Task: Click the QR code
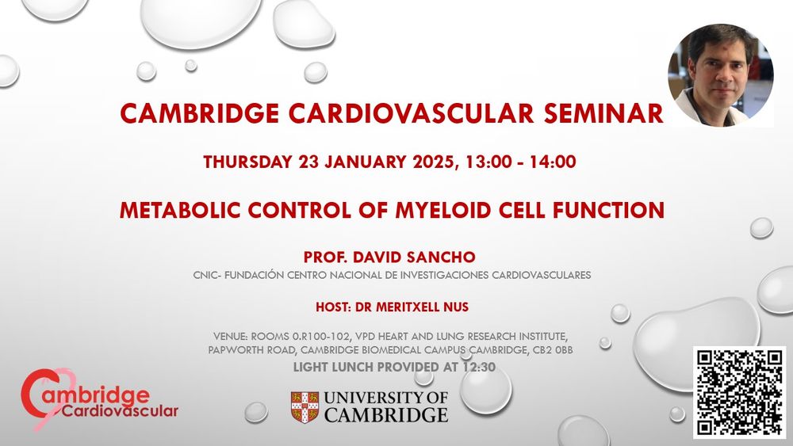point(739,391)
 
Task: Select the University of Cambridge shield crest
point(305,405)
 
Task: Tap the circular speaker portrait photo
point(720,75)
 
